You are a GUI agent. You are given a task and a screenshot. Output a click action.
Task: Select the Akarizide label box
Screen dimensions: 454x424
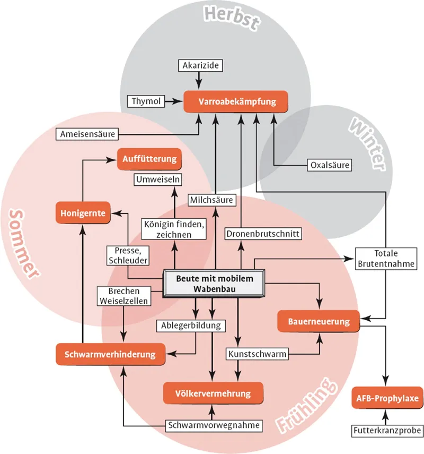pyautogui.click(x=200, y=66)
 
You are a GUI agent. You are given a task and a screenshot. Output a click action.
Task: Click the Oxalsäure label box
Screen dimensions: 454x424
pyautogui.click(x=330, y=165)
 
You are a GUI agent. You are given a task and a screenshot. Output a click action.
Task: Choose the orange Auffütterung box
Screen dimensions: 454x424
pyautogui.click(x=149, y=159)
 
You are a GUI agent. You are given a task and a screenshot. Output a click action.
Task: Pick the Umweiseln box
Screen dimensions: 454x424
pyautogui.click(x=158, y=179)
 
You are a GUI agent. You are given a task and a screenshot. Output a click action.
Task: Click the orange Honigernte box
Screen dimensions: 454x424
pyautogui.click(x=82, y=213)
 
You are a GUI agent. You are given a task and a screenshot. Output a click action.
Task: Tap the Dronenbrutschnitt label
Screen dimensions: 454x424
pyautogui.click(x=263, y=233)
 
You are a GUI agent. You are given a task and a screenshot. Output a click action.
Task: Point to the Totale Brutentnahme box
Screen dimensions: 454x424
pyautogui.click(x=385, y=259)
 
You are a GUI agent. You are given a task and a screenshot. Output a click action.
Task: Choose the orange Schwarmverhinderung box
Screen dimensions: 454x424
pyautogui.click(x=110, y=354)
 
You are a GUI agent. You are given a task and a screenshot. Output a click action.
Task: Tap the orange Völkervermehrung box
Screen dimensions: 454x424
pyautogui.click(x=213, y=393)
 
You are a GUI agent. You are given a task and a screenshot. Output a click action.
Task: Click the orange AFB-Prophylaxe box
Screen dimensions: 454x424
pyautogui.click(x=386, y=398)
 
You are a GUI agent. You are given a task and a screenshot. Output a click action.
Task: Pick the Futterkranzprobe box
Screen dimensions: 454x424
pyautogui.click(x=387, y=430)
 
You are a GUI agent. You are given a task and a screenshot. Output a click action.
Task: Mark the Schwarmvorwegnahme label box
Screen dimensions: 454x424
pyautogui.click(x=215, y=425)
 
